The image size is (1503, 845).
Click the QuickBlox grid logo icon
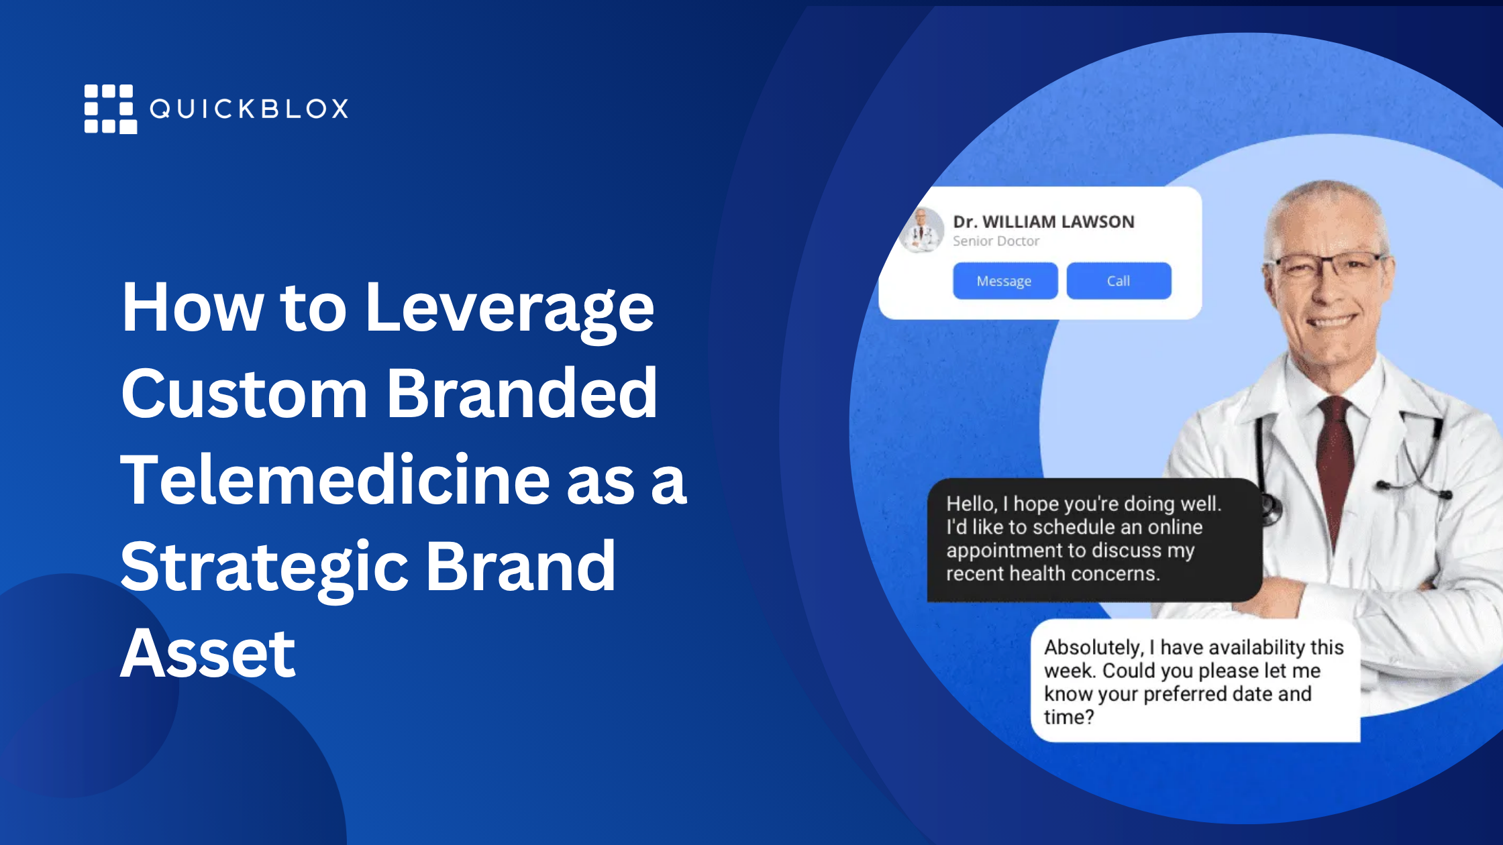111,109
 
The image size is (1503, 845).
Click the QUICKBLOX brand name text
249,109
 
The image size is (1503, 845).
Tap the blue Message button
1005,281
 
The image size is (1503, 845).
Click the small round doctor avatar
921,230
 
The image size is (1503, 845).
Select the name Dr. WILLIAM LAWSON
1043,221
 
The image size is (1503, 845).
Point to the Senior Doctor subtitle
996,241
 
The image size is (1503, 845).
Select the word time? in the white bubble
1069,718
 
